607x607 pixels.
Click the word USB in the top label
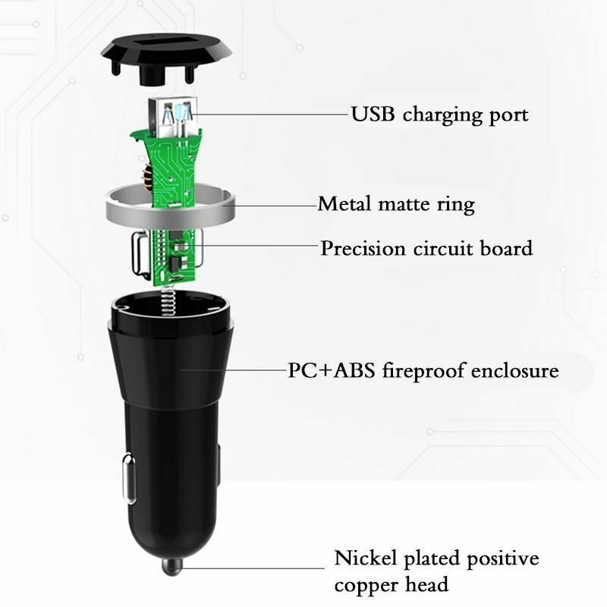click(x=373, y=114)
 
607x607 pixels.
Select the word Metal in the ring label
click(x=344, y=203)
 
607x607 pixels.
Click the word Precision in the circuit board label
click(x=363, y=248)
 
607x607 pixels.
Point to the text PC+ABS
click(x=332, y=370)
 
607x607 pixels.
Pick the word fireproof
click(x=423, y=370)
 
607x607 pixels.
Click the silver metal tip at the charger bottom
click(x=171, y=565)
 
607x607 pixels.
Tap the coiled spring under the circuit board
click(x=168, y=300)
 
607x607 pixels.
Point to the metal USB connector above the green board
click(x=173, y=118)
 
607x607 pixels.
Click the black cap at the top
click(x=165, y=58)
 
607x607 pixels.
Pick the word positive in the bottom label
click(x=502, y=559)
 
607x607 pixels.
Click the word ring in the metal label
click(x=456, y=205)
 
